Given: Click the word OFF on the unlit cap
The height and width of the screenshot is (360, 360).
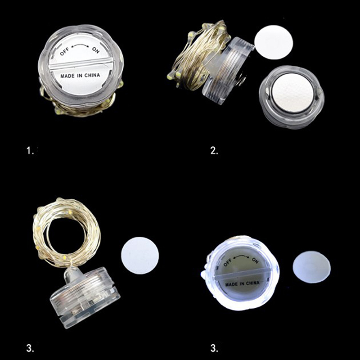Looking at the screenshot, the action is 64,52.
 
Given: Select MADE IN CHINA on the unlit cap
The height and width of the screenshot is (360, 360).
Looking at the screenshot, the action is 80,76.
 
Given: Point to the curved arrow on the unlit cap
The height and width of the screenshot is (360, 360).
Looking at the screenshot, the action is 80,46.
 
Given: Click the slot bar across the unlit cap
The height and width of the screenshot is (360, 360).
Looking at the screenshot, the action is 81,63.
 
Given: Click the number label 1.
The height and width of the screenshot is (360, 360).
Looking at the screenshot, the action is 30,151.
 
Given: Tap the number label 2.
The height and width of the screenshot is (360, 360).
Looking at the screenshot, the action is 214,151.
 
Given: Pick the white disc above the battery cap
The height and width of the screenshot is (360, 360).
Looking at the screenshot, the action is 274,42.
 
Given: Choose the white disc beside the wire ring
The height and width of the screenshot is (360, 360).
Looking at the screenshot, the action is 140,256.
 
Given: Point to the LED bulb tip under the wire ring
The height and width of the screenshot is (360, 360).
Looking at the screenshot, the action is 71,273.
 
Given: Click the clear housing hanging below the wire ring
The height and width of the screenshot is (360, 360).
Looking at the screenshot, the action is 85,298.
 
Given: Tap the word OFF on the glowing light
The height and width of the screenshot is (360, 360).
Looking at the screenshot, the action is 228,262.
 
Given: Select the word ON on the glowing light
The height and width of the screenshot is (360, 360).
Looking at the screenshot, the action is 255,261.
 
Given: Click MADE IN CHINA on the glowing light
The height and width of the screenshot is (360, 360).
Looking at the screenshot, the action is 243,284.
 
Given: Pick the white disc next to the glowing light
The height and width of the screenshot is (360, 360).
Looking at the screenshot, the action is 311,267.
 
